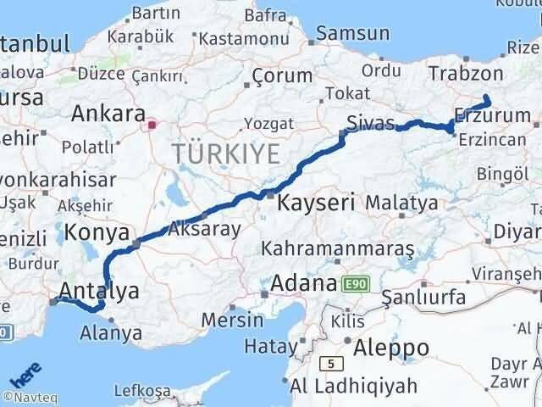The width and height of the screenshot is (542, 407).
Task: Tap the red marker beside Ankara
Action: (152, 125)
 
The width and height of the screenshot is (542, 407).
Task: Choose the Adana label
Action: (302, 283)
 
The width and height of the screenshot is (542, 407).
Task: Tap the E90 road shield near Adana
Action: (354, 283)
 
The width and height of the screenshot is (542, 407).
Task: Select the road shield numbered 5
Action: (329, 363)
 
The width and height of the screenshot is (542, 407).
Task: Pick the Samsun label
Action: (354, 34)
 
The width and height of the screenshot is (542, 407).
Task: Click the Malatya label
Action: (401, 203)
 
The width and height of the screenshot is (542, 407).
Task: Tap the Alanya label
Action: (111, 333)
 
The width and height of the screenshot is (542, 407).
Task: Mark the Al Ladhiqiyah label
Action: (354, 386)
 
